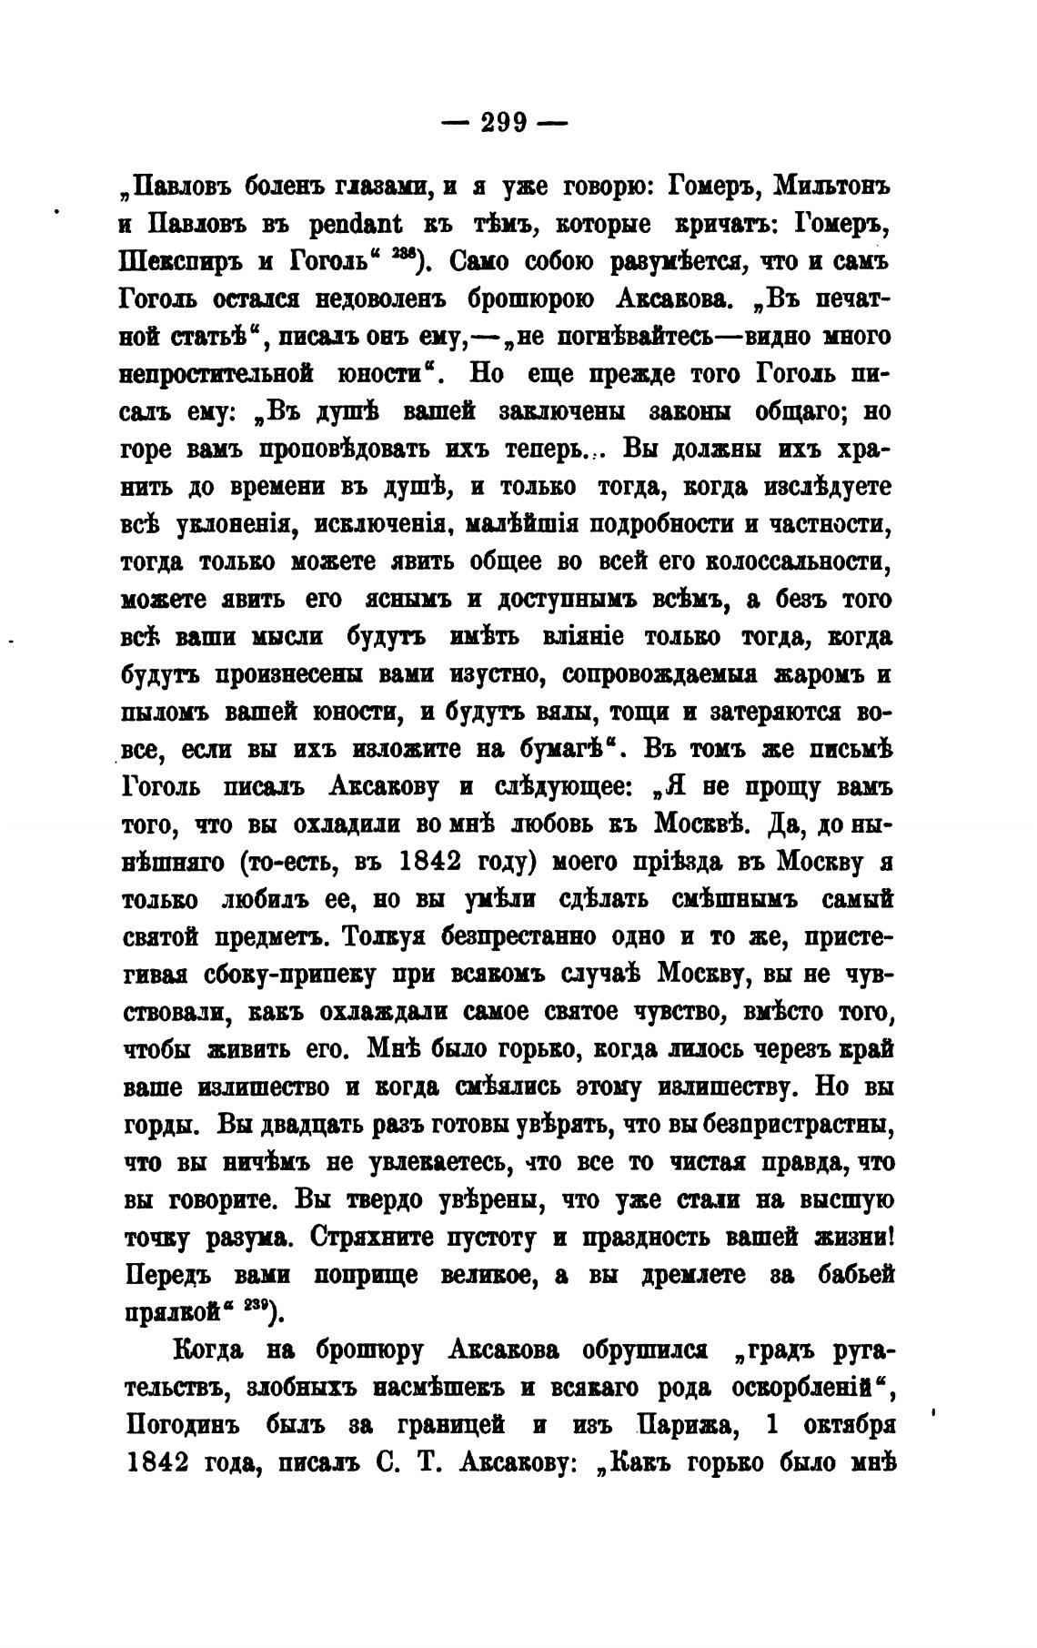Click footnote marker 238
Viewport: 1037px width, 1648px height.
(398, 256)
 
